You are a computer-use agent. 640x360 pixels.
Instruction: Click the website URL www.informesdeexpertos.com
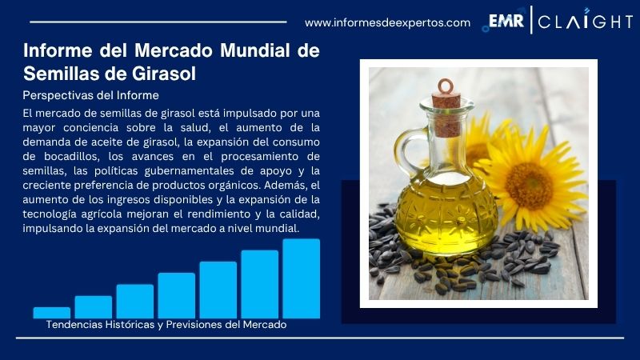tap(387, 22)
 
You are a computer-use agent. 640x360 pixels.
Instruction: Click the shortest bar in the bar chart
tap(51, 312)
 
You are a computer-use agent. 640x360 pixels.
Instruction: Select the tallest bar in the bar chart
tap(301, 278)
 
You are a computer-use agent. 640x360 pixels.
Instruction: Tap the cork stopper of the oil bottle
tap(445, 97)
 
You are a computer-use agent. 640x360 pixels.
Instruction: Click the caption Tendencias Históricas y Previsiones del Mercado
tap(166, 325)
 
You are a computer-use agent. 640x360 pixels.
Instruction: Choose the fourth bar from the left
tap(176, 295)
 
